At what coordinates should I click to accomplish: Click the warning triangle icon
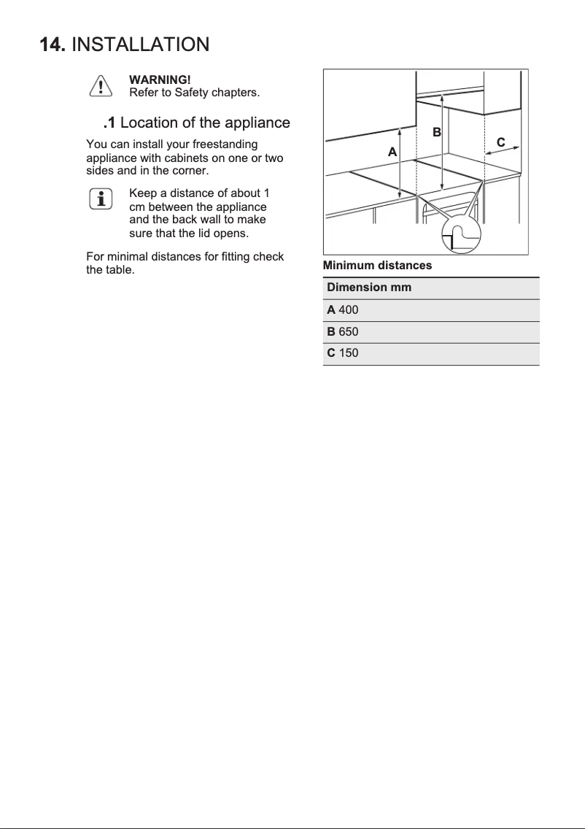[100, 86]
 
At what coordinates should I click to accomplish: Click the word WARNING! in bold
[160, 79]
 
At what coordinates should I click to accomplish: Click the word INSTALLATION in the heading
[141, 45]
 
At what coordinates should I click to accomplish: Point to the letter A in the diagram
[392, 153]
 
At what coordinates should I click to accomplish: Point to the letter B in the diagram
[436, 132]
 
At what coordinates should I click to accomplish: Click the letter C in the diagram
[500, 142]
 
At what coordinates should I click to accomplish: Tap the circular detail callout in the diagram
[462, 236]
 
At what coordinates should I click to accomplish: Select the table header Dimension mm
[369, 288]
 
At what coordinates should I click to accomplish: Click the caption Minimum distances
[377, 266]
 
